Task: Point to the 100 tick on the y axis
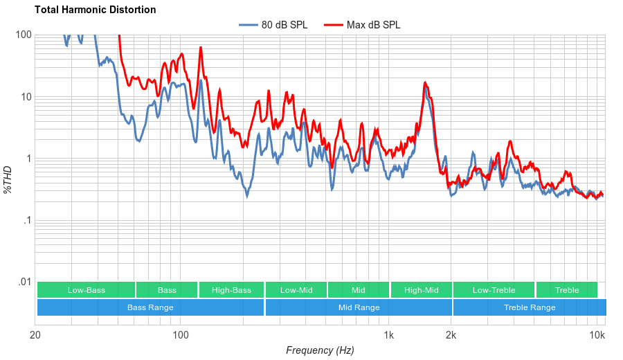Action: tap(24, 35)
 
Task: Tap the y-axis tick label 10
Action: tap(26, 97)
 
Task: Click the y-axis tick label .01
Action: tap(24, 282)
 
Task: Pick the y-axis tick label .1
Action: tap(26, 221)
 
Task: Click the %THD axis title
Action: tap(8, 179)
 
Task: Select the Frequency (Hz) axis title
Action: tap(320, 350)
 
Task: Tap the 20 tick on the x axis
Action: tap(36, 336)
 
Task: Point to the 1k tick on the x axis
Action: tap(389, 336)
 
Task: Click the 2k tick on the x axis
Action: tap(451, 336)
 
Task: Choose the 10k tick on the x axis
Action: tap(597, 336)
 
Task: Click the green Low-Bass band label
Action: tap(87, 290)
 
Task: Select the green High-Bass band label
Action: tap(231, 290)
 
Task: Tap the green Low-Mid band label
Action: tap(296, 290)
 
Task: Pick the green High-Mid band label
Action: tap(421, 290)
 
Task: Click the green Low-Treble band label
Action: tap(494, 290)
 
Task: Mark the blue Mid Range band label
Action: tap(359, 307)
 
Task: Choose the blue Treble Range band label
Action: tap(530, 307)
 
